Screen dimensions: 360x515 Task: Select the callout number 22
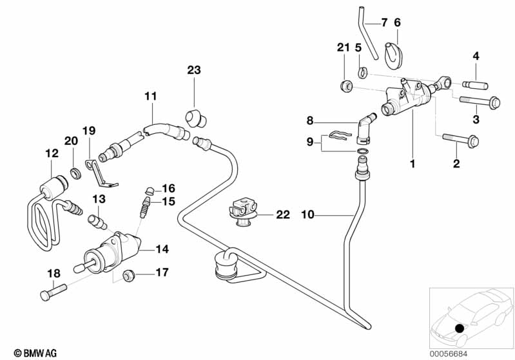(x=283, y=214)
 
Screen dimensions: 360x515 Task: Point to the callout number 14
(x=162, y=248)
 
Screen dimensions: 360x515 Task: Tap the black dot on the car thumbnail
(x=459, y=328)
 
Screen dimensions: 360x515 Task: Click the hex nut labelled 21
(x=345, y=85)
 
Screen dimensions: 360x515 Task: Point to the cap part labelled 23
(x=193, y=118)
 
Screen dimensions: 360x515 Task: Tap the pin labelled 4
(x=472, y=84)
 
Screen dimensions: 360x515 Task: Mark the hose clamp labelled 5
(x=364, y=69)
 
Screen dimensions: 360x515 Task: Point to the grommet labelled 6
(x=391, y=52)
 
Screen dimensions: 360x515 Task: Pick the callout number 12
(x=52, y=153)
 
